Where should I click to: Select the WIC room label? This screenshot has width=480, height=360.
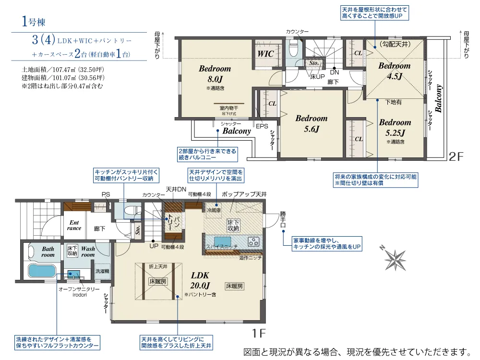265,54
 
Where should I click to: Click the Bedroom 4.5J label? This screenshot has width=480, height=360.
395,71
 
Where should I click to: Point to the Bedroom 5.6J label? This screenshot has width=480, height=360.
311,123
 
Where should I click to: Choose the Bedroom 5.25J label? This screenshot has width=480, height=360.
395,128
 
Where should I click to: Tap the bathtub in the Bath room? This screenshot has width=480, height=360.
42,270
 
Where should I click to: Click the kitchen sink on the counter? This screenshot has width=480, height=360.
222,241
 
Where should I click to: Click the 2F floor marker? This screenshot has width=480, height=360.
456,156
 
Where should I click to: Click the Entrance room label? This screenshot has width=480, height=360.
74,226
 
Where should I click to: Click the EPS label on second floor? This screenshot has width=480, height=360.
262,127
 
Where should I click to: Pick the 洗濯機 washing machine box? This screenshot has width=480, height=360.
102,271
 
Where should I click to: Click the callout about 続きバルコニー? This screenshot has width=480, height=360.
207,154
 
